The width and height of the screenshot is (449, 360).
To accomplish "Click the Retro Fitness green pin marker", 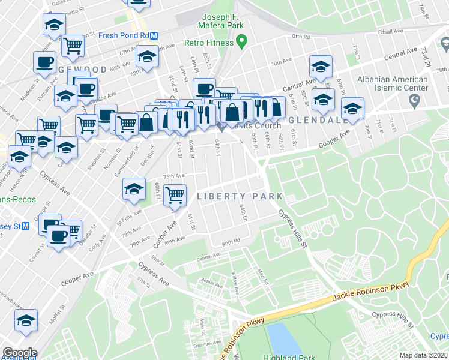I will [x=242, y=42].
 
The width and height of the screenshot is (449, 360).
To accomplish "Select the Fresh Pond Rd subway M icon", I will [x=154, y=35].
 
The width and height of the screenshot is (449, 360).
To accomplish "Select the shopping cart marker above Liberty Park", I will [x=174, y=194].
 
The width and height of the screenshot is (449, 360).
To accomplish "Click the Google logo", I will [x=19, y=353].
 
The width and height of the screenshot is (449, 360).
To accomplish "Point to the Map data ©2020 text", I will [x=424, y=355].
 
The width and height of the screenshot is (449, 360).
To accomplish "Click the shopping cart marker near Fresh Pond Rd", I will [x=73, y=44].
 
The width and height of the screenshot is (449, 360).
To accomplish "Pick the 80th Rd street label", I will [x=231, y=243].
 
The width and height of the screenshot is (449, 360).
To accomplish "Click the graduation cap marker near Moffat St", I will [x=26, y=320].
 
